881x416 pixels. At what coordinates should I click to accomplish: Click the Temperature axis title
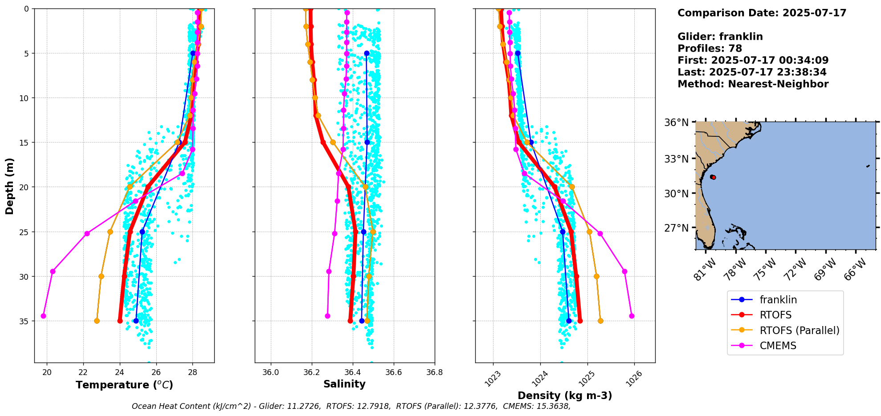[124, 385]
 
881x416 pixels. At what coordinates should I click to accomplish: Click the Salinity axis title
[344, 384]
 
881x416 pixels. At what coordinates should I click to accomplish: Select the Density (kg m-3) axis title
[565, 396]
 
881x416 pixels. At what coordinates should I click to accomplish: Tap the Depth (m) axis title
[10, 186]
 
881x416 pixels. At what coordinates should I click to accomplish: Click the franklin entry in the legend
[778, 300]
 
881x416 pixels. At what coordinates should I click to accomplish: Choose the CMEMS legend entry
[778, 346]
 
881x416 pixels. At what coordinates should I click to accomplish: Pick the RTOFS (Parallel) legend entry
[799, 330]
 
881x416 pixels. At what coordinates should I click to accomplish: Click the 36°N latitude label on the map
[677, 122]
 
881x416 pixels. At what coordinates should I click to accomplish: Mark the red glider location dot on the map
[713, 177]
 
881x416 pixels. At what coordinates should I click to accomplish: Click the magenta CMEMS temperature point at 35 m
[43, 316]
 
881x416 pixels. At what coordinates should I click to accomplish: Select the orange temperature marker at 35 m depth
[97, 321]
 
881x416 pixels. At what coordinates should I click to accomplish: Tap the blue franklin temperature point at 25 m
[142, 232]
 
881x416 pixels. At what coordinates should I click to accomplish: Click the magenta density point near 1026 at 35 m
[632, 316]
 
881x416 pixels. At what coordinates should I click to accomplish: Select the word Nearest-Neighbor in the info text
[778, 84]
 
